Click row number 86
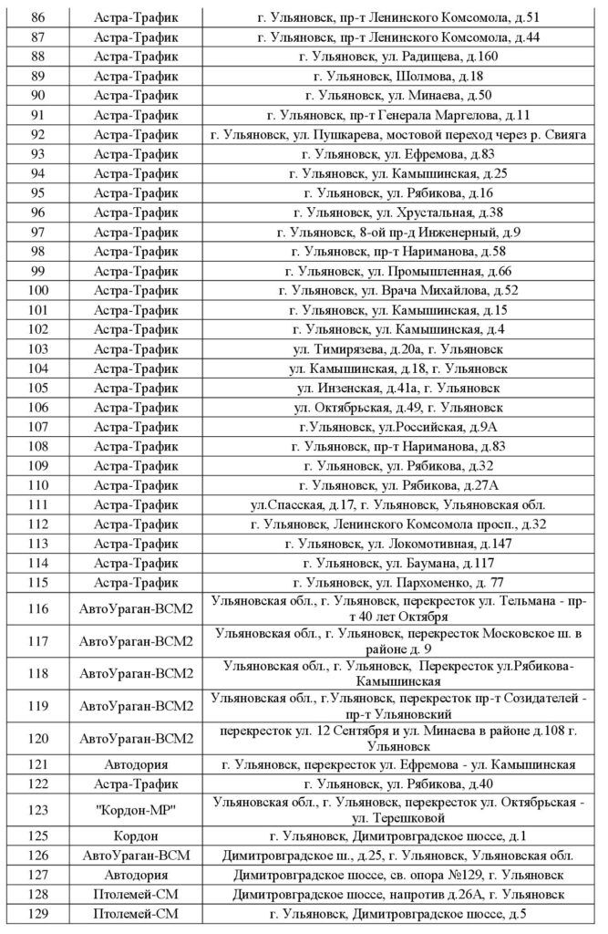pos(38,17)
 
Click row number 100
pos(38,290)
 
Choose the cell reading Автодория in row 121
pos(137,764)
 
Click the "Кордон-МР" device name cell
pos(137,809)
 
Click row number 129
pos(38,915)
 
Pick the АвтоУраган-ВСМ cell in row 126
pos(137,856)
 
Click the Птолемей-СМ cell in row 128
pos(137,895)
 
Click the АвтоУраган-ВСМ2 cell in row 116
pos(137,608)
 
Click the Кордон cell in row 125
pos(137,835)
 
